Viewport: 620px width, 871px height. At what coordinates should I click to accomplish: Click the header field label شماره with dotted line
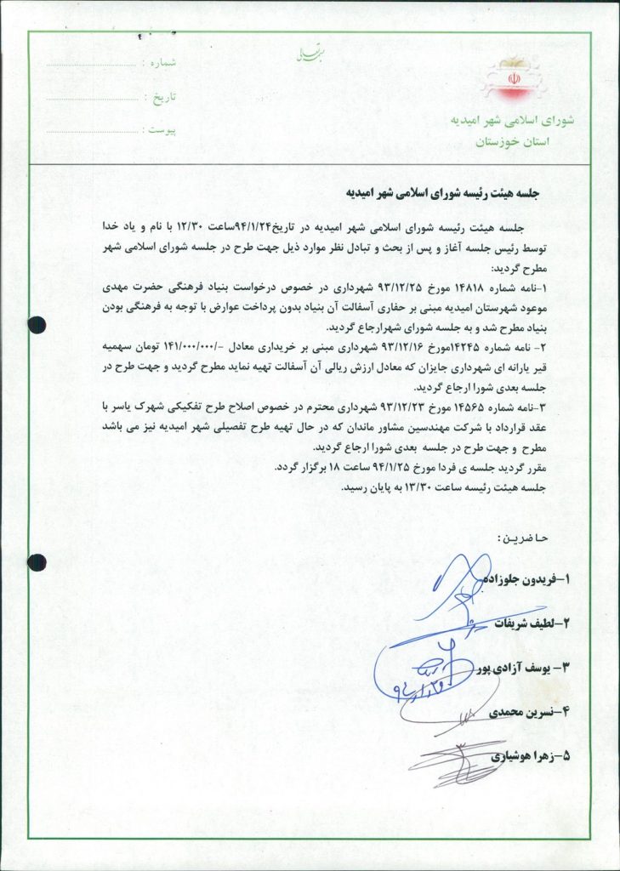click(x=162, y=64)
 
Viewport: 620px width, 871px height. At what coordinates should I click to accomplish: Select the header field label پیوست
click(x=159, y=131)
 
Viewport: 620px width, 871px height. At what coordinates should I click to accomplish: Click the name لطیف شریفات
click(x=532, y=623)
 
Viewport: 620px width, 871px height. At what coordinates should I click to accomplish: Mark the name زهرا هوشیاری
click(x=528, y=755)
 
